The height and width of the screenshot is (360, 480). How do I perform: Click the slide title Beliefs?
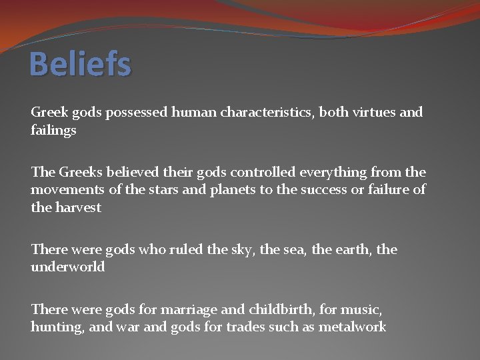pos(81,65)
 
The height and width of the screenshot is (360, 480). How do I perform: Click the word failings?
pos(53,131)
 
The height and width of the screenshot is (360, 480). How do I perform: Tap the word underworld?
pos(67,267)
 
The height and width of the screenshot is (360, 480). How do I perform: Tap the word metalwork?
pos(353,327)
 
